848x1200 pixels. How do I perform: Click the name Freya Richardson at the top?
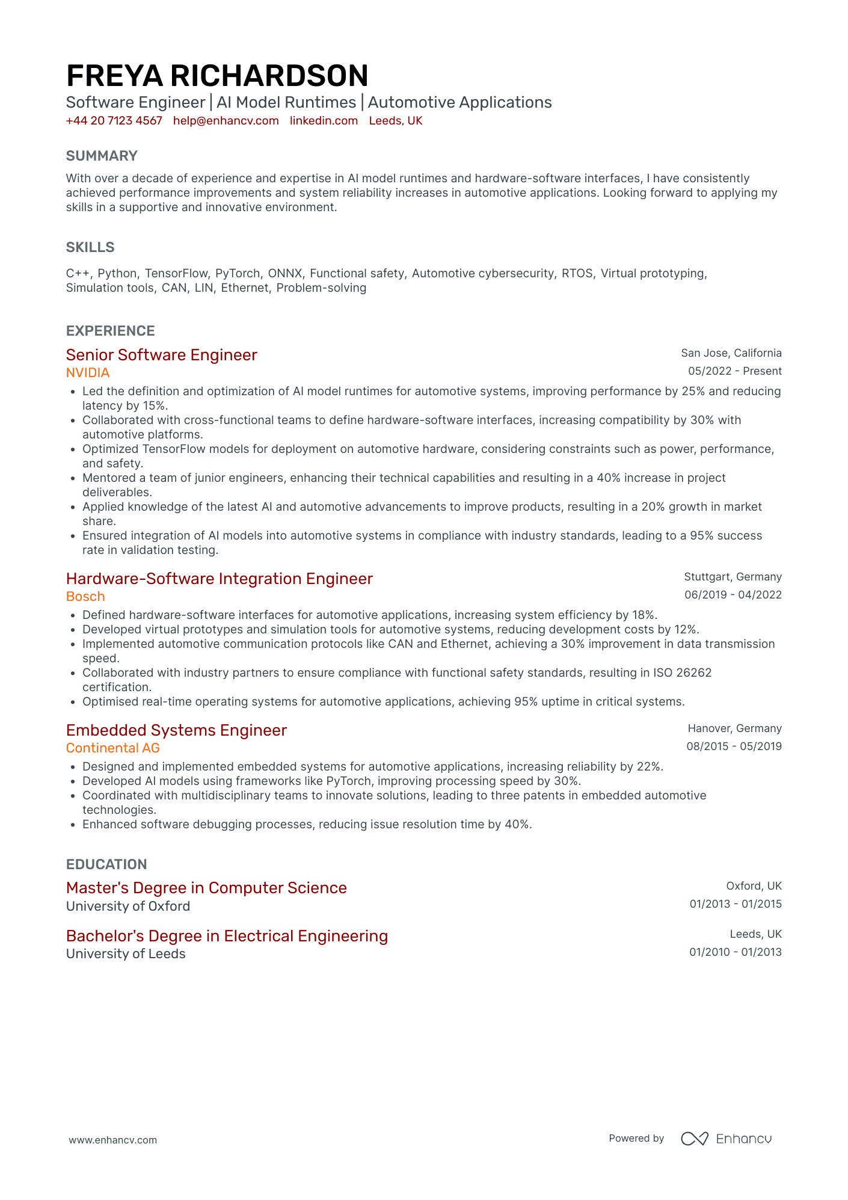click(x=217, y=76)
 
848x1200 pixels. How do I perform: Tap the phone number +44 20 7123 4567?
click(x=114, y=121)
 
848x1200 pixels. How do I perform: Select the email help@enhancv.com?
click(x=226, y=121)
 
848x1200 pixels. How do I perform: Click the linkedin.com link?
click(x=324, y=121)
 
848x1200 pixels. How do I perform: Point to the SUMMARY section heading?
click(x=102, y=156)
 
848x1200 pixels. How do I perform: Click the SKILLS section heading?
click(x=90, y=247)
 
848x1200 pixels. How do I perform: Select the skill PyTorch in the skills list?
click(x=238, y=274)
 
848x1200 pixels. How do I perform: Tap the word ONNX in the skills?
click(x=285, y=274)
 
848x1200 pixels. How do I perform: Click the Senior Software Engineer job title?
click(x=161, y=355)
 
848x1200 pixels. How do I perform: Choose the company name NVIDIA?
click(x=88, y=373)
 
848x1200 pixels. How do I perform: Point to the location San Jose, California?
click(x=731, y=353)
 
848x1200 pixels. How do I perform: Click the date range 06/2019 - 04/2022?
click(x=733, y=595)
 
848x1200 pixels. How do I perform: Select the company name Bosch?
click(x=85, y=597)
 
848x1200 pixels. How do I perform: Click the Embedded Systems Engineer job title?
click(x=176, y=730)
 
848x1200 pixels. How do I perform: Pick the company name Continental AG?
click(x=113, y=748)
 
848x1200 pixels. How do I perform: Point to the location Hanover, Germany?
click(x=734, y=728)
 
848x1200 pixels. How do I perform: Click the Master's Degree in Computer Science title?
click(x=206, y=888)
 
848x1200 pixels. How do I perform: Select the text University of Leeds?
click(x=126, y=954)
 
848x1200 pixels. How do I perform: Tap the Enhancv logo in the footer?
click(x=726, y=1139)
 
